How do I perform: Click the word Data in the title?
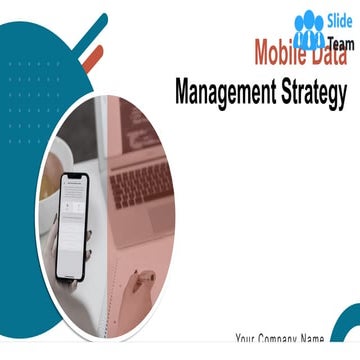click(328, 50)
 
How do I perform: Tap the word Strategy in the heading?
click(314, 93)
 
